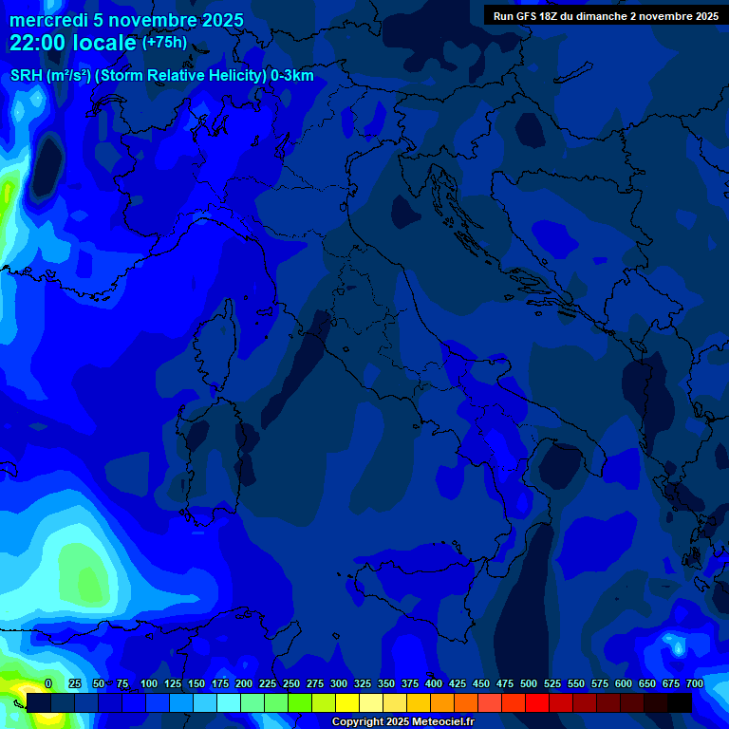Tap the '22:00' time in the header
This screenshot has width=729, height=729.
coord(34,43)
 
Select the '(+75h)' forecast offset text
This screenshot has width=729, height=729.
coord(164,43)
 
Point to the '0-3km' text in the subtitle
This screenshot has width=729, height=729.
coord(291,76)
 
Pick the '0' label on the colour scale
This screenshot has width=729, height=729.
coord(48,683)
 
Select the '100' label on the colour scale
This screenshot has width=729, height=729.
coord(149,683)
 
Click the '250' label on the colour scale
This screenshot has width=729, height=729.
coord(291,683)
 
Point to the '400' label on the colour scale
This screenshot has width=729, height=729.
coord(434,683)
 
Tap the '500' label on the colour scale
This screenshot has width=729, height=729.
coord(529,683)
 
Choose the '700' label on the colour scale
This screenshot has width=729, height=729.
coord(694,683)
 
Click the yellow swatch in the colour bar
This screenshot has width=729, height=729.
coord(347,702)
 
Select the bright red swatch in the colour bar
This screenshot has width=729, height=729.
coord(537,702)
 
